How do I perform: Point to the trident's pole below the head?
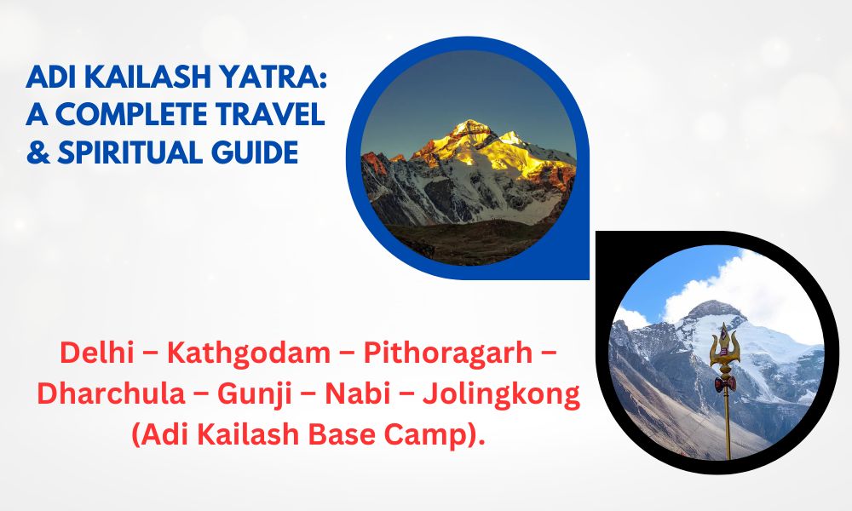point(728,426)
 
